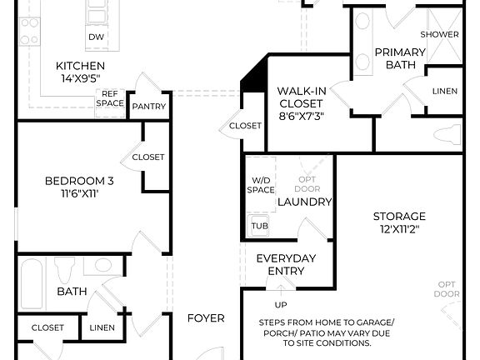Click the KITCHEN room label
tap(80, 67)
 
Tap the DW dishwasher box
tap(95, 37)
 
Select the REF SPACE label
tap(112, 99)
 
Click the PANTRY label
tap(149, 106)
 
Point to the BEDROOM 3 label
tap(79, 180)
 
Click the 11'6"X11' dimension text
tap(79, 193)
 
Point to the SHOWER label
tap(439, 34)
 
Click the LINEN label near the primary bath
tap(443, 91)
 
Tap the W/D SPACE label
tap(261, 185)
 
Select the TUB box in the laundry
tap(258, 225)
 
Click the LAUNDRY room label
tap(304, 202)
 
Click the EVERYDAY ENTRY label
tap(286, 264)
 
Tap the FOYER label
tap(205, 317)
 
